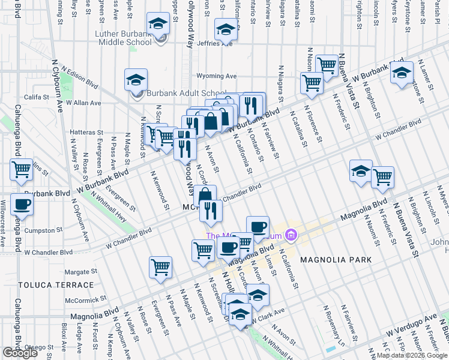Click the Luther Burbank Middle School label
coord(123,38)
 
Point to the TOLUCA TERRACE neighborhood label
coord(47,285)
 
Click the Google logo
coord(20,353)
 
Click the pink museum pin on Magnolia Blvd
coord(292,235)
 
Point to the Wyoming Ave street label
coord(217,76)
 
